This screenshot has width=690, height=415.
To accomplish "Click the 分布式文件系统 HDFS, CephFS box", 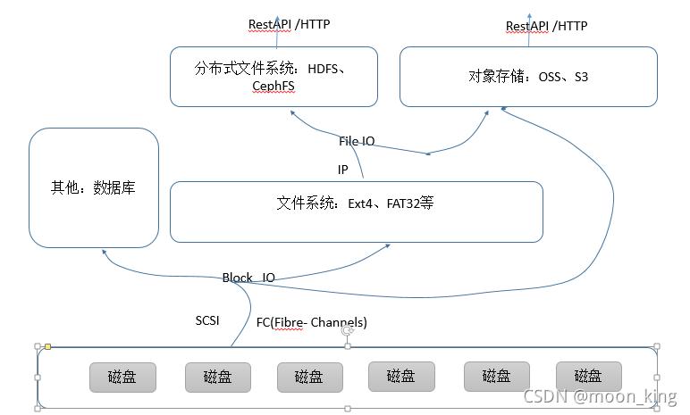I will coord(273,77).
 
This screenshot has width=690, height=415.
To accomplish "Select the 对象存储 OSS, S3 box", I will coord(527,77).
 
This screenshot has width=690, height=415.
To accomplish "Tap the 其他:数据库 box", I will coord(94,187).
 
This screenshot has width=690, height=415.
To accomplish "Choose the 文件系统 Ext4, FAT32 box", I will coord(356,212).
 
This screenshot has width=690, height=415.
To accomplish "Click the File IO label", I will coord(357,141).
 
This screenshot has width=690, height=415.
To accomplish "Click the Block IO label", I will coord(248,278).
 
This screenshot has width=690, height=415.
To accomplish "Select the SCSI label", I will coord(207,320).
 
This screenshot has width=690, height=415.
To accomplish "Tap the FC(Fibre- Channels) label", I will coord(312,322).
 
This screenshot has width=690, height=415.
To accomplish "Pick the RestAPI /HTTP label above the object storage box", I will coord(546,26).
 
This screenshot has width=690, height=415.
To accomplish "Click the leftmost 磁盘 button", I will coord(122,377).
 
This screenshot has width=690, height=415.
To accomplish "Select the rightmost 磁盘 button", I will coord(588,377).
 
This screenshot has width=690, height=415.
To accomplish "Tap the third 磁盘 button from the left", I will coord(309,377).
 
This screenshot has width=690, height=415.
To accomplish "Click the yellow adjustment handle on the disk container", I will coord(47,346).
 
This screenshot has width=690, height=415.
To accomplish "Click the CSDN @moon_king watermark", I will coord(600,396).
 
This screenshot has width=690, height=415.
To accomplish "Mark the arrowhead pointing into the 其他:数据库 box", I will coord(104,253).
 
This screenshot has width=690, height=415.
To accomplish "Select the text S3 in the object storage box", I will coord(581,77).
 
